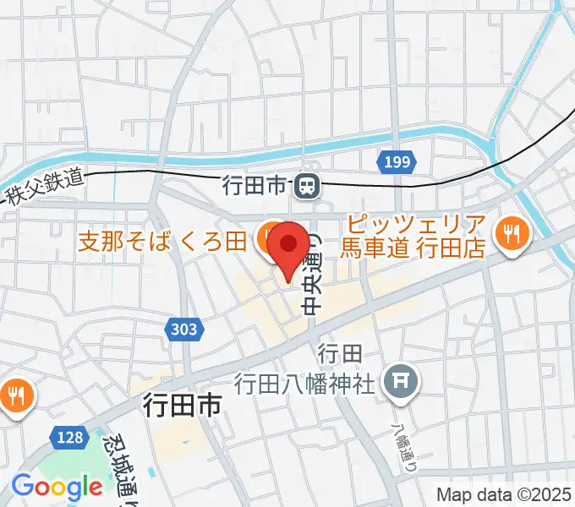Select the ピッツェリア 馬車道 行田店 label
(414, 237)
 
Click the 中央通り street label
(312, 270)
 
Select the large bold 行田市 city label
(182, 406)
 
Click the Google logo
(57, 488)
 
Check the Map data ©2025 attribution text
(504, 496)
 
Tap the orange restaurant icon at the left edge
(15, 393)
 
